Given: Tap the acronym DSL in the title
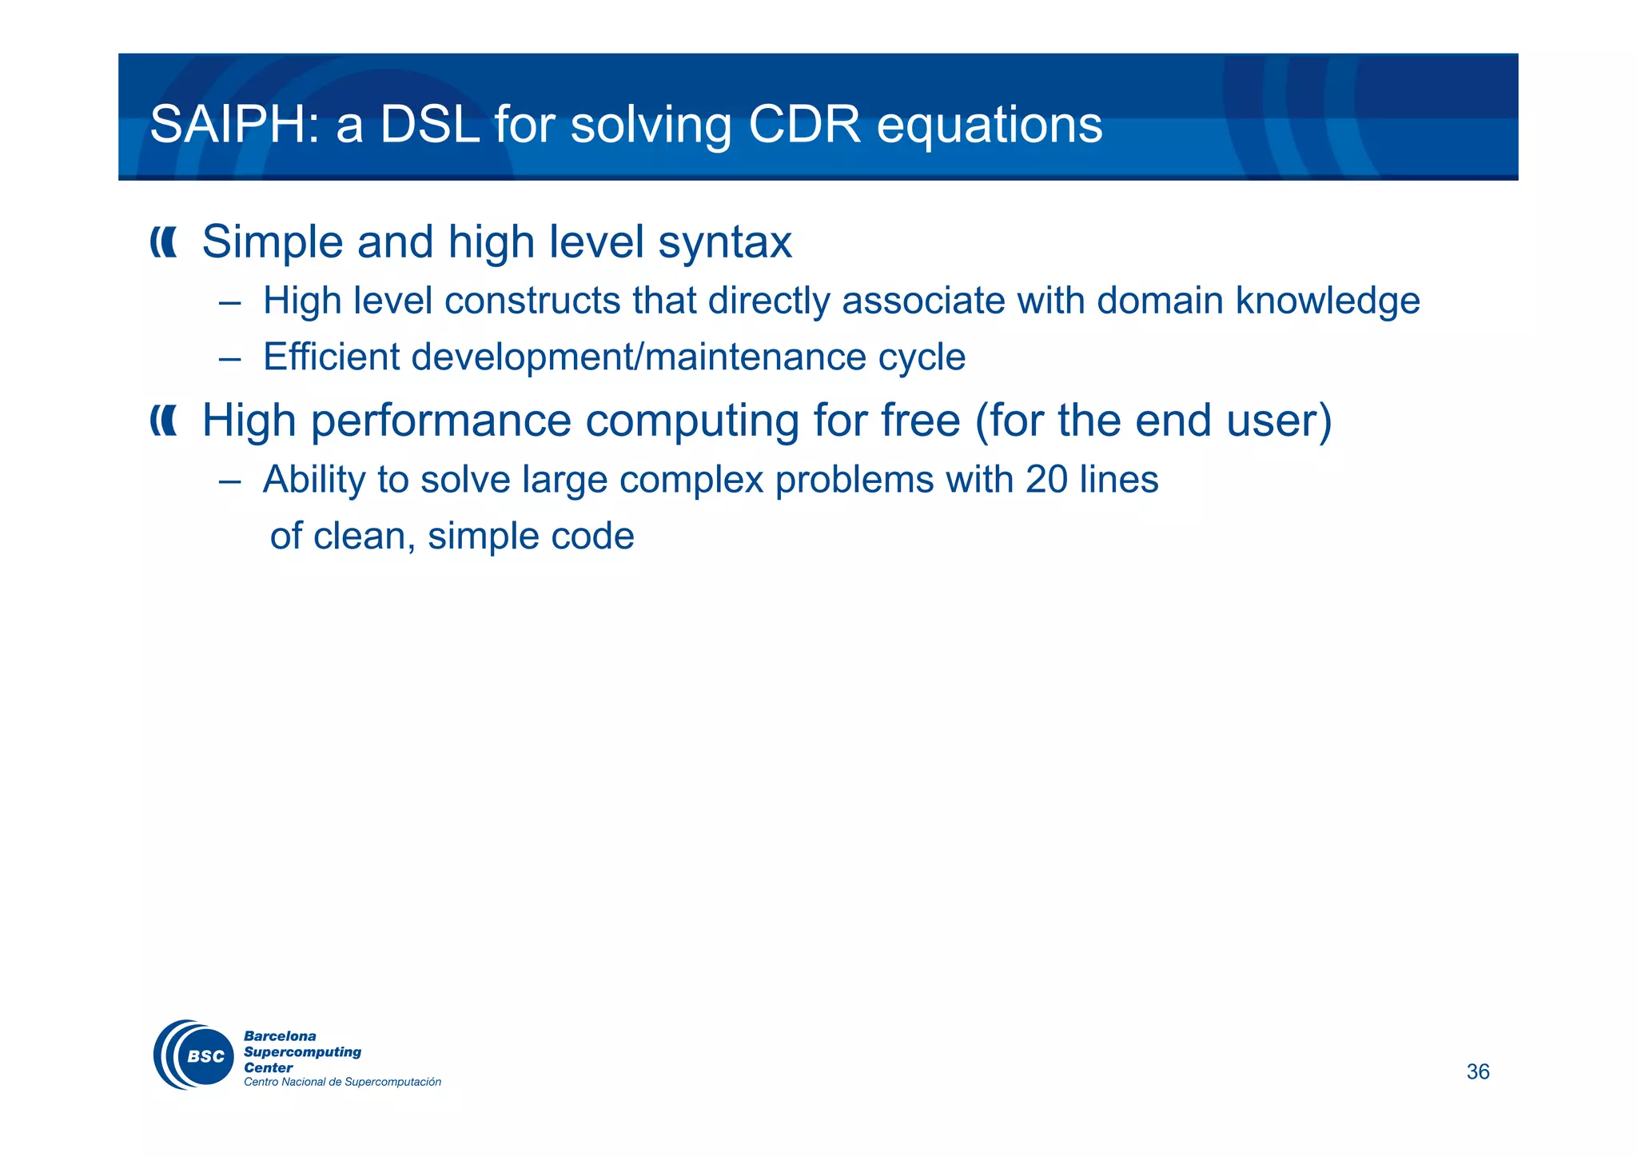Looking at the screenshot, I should [429, 126].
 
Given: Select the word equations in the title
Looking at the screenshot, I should [989, 126].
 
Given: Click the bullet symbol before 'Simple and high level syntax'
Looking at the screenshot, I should [164, 242].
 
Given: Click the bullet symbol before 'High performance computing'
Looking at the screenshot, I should [164, 421].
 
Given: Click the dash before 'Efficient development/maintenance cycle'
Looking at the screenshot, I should [229, 357].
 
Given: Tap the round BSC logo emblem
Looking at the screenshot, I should [194, 1055].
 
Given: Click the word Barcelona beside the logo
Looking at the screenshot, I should [280, 1036].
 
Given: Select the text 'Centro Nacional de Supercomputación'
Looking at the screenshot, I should [342, 1082].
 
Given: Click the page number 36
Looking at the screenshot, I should [1477, 1071].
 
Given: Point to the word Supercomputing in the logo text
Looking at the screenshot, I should [302, 1051].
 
